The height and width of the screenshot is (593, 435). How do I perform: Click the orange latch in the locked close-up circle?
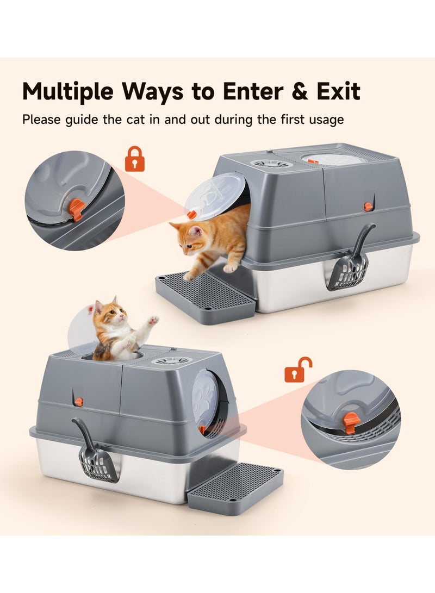(77, 209)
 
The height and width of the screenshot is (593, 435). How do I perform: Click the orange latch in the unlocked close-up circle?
(351, 422)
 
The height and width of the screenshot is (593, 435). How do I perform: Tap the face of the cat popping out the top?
(108, 315)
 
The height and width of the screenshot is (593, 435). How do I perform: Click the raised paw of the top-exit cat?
(153, 321)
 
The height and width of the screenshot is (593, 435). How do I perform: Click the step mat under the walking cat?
(206, 297)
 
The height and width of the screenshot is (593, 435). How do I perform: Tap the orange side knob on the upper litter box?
(368, 207)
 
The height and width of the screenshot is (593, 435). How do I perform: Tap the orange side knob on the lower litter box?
(79, 402)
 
